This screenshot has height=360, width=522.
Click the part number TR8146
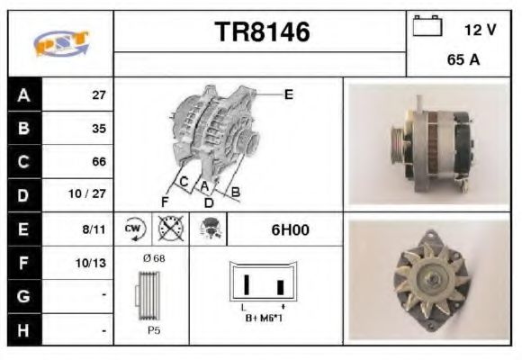point(262,32)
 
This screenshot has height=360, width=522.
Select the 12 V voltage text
point(480,30)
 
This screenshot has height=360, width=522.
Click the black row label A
point(22,94)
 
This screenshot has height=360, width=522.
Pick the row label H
point(22,330)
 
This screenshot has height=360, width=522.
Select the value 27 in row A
point(98,94)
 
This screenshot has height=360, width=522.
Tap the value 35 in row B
point(98,128)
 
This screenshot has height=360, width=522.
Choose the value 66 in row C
point(98,162)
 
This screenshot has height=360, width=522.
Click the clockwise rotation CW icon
point(133,229)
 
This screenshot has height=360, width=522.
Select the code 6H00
point(290,229)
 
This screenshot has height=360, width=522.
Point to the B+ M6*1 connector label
point(263,317)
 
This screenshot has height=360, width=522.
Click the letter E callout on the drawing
point(288,94)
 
